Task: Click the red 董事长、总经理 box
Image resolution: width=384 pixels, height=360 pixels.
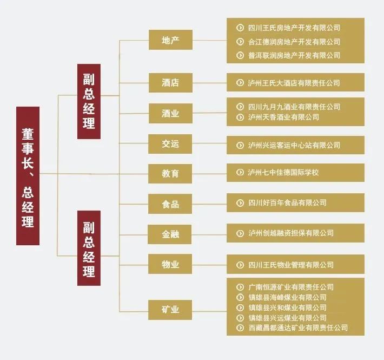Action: [x=28, y=175]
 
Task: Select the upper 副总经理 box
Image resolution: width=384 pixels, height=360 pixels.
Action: [x=89, y=101]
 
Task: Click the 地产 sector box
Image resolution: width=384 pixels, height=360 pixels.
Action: [x=170, y=40]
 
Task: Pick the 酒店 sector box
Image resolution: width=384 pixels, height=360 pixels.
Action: [x=170, y=83]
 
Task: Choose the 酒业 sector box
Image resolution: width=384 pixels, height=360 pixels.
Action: [x=170, y=114]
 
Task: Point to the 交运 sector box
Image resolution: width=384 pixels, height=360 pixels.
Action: [x=170, y=144]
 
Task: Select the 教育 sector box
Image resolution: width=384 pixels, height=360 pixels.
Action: [x=170, y=174]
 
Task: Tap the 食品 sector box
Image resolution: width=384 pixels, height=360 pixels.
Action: [x=170, y=204]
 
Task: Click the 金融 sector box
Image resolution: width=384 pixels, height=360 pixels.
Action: [x=170, y=234]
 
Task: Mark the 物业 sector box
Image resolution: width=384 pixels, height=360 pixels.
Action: [x=170, y=265]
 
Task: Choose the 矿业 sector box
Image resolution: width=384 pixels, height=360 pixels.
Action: [x=170, y=310]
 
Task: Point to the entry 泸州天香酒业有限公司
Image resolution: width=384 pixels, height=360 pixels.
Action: [x=283, y=117]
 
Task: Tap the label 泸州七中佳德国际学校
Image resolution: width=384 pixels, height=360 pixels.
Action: [x=283, y=173]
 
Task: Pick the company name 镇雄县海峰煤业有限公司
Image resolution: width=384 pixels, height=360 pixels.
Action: [x=287, y=297]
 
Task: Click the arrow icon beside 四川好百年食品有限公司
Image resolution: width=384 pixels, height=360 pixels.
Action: [x=240, y=202]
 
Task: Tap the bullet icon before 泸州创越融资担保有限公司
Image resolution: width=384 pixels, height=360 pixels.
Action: [x=240, y=233]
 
